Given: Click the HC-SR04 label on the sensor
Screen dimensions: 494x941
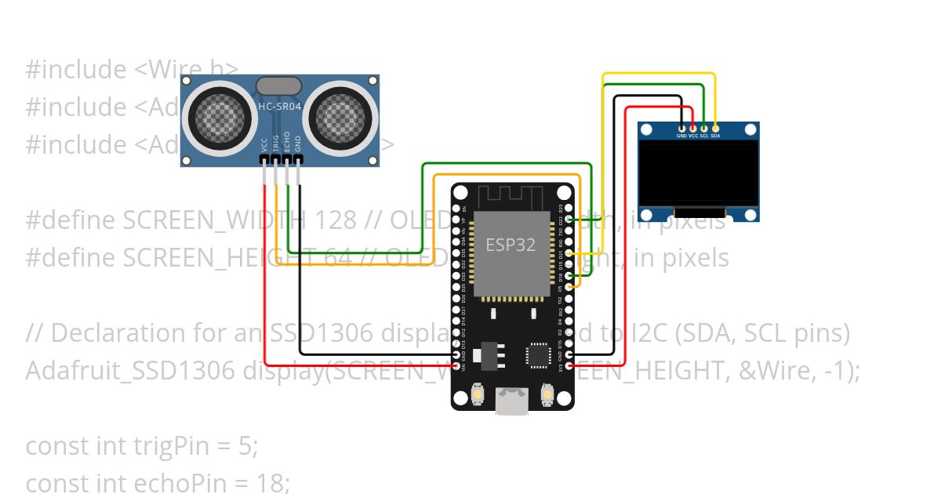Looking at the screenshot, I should (x=279, y=106).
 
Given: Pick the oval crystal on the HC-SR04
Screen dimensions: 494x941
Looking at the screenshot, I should (x=278, y=85).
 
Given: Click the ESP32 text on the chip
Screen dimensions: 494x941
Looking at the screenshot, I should (x=510, y=244).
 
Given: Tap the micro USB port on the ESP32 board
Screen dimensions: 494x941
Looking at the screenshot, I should (x=512, y=402).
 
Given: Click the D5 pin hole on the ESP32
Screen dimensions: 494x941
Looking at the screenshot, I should (x=569, y=287).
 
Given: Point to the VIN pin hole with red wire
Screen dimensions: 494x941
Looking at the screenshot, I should (x=457, y=365).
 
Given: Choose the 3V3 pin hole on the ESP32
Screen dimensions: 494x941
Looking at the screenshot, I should (x=569, y=365).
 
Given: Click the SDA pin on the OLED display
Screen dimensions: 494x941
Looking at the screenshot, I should (x=715, y=127).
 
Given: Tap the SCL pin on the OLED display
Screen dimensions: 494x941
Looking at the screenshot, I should (x=704, y=127).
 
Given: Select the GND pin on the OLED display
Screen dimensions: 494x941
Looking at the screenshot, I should (x=681, y=127).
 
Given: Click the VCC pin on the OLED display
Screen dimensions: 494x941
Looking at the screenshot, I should (x=692, y=127).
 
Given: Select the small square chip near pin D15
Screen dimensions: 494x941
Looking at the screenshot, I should (x=539, y=354).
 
